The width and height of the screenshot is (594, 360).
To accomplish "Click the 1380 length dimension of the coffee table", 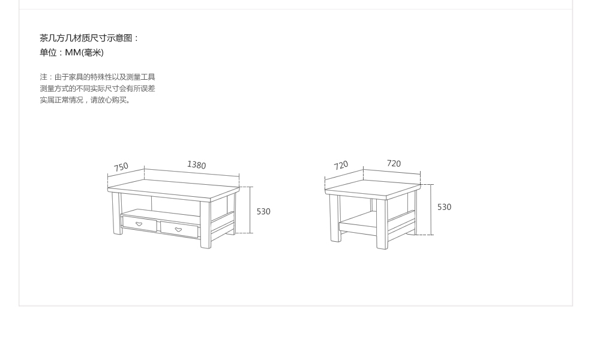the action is tap(197, 165).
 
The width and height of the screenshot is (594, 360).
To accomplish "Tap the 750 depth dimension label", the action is tap(121, 167).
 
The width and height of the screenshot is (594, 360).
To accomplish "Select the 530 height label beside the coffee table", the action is tap(263, 211).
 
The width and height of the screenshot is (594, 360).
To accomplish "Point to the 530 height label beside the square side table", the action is tap(445, 207).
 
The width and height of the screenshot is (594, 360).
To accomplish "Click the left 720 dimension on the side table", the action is tap(341, 166).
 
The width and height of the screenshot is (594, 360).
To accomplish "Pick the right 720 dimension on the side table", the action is tap(394, 163).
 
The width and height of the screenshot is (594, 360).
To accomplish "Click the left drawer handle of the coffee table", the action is tap(139, 224).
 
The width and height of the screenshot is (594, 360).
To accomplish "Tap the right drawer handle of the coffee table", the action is tap(178, 229).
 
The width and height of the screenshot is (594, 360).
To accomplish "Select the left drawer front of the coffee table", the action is tap(139, 224).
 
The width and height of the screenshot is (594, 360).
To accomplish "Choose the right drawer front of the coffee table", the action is tap(179, 230).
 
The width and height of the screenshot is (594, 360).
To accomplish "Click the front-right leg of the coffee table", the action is tap(206, 225).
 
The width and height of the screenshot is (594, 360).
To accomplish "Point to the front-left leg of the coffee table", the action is tap(117, 214).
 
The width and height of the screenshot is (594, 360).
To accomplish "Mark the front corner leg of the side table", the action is tap(382, 224).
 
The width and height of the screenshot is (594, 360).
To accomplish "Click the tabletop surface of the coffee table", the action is tap(173, 187).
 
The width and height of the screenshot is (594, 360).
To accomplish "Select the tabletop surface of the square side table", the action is tap(373, 188).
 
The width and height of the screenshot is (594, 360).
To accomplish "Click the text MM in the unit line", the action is tap(73, 52).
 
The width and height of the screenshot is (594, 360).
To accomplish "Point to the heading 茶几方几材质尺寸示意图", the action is tap(86, 38).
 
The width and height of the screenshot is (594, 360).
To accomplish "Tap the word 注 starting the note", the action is tap(44, 77).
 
